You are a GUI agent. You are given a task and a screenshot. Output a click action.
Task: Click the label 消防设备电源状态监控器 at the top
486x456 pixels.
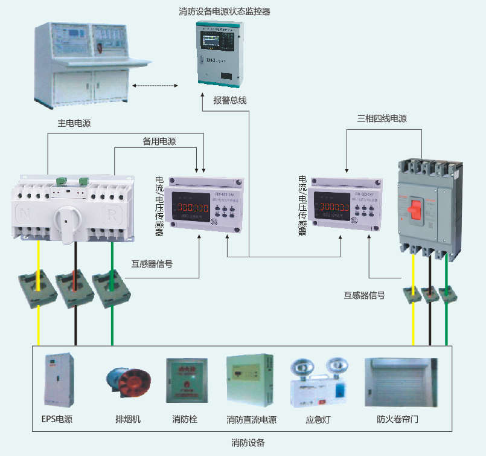tap(224, 11)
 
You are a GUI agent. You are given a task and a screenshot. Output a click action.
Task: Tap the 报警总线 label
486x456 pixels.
tap(229, 100)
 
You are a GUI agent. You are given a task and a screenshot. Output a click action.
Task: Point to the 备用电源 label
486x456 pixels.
tap(159, 141)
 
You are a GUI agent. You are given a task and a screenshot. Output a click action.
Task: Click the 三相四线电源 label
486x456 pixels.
tap(382, 118)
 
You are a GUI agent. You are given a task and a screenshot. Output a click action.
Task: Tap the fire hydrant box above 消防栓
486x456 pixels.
tap(186, 381)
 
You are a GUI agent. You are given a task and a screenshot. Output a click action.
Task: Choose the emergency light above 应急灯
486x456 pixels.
tap(319, 383)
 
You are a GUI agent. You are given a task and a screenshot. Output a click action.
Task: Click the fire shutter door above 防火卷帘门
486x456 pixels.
tap(401, 382)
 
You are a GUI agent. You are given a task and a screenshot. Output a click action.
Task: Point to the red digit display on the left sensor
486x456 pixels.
tap(191, 208)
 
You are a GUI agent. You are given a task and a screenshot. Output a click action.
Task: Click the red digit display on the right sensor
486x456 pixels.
tap(334, 208)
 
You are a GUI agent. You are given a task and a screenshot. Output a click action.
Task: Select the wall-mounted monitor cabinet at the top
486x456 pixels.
tap(220, 53)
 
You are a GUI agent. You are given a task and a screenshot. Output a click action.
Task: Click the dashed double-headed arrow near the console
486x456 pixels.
tap(155, 86)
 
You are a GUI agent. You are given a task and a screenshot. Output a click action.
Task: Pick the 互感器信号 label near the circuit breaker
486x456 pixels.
tap(365, 295)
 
